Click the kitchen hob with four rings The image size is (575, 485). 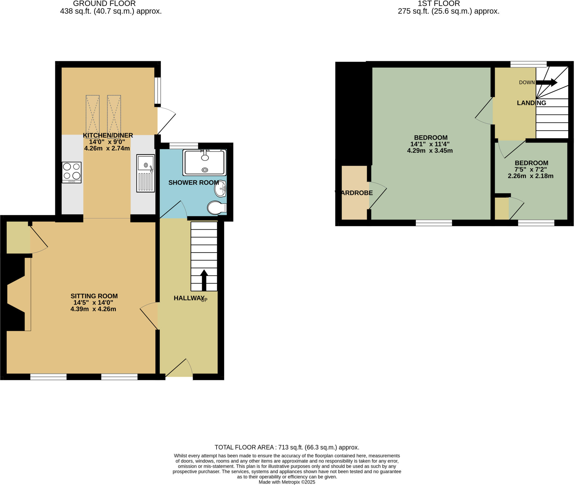pyautogui.click(x=72, y=172)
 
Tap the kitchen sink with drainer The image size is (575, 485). pyautogui.click(x=145, y=173)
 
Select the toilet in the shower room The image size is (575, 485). pyautogui.click(x=217, y=208)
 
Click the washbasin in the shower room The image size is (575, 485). pyautogui.click(x=221, y=189)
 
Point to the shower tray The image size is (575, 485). pyautogui.click(x=204, y=163)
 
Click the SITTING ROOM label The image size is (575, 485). pyautogui.click(x=94, y=296)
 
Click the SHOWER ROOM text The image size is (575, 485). pyautogui.click(x=193, y=183)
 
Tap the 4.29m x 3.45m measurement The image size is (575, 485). pyautogui.click(x=430, y=151)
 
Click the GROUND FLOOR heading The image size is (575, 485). pyautogui.click(x=104, y=4)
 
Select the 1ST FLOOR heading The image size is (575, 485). pyautogui.click(x=439, y=4)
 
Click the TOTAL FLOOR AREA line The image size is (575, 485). pyautogui.click(x=287, y=447)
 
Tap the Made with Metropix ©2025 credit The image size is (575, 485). pyautogui.click(x=287, y=482)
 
